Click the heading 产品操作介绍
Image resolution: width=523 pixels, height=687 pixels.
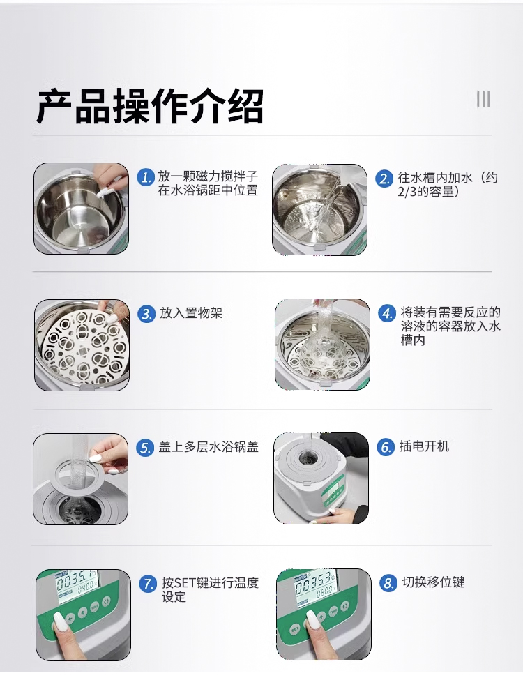pyautogui.click(x=149, y=107)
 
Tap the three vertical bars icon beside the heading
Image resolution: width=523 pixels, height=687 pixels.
pyautogui.click(x=483, y=99)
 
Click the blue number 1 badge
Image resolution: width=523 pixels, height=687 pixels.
pyautogui.click(x=146, y=177)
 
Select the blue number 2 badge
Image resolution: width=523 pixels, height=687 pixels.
pyautogui.click(x=384, y=179)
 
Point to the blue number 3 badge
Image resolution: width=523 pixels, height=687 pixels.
pyautogui.click(x=146, y=314)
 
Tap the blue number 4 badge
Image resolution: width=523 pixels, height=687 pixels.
pyautogui.click(x=386, y=313)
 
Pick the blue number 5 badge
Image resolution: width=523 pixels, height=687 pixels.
pyautogui.click(x=145, y=448)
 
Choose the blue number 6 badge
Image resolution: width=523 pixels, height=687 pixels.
pyautogui.click(x=386, y=447)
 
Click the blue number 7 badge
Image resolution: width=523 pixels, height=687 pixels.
pyautogui.click(x=148, y=584)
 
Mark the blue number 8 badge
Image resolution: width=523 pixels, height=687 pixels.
pyautogui.click(x=388, y=583)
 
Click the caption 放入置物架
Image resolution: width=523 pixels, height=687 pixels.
pyautogui.click(x=191, y=313)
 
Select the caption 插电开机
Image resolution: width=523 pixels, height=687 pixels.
pyautogui.click(x=424, y=446)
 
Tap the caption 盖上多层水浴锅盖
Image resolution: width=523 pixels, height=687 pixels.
pyautogui.click(x=209, y=447)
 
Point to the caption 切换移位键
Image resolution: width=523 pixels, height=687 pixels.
pyautogui.click(x=433, y=582)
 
